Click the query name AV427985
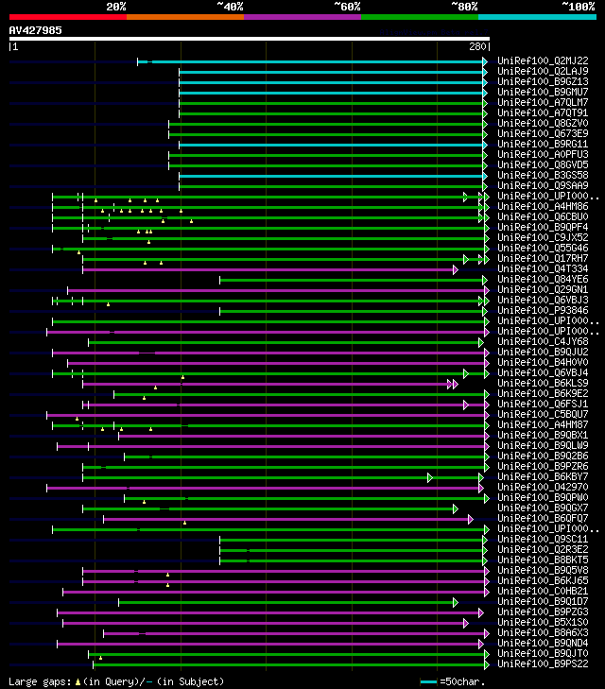pos(36,29)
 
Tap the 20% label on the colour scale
pos(116,6)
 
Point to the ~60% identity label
pos(347,6)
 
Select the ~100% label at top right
pos(579,6)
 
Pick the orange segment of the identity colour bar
pos(184,16)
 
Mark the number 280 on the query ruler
pos(476,45)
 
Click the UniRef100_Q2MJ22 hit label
pos(543,60)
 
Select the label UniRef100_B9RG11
pos(543,144)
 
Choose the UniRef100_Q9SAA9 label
pos(543,185)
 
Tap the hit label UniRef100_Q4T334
pos(543,268)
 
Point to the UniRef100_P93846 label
pos(543,310)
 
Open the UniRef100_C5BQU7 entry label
pos(543,414)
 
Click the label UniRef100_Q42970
pos(543,487)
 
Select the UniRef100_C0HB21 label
pos(543,591)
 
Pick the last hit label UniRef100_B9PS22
pos(543,663)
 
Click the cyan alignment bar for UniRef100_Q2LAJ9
pos(331,71)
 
